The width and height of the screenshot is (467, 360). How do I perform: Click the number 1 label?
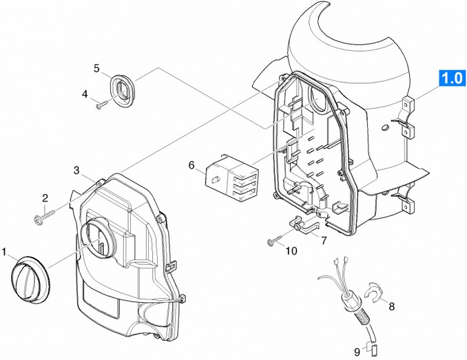6,252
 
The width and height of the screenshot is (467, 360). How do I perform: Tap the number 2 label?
45,198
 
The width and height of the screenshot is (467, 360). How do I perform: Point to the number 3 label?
77,170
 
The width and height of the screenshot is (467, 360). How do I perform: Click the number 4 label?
85,94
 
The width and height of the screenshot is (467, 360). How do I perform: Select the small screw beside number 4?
103,103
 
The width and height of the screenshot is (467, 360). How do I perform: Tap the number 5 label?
97,68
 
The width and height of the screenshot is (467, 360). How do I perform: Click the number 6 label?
191,165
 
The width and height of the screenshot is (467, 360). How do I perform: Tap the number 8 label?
391,306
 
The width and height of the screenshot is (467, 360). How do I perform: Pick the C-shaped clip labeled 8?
373,293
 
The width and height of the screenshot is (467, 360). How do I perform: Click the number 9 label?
356,351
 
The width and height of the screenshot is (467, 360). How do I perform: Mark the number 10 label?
291,251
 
